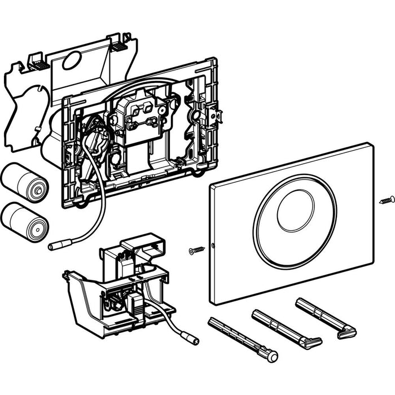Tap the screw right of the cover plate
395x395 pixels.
[387, 199]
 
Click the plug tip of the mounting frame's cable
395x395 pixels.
[56, 247]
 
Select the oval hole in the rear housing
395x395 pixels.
[73, 60]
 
